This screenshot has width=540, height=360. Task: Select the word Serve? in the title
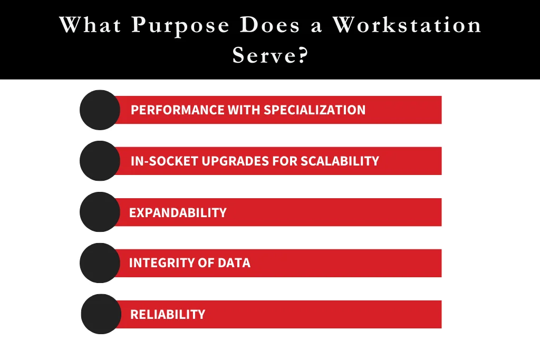(x=269, y=55)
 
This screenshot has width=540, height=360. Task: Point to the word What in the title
(x=91, y=25)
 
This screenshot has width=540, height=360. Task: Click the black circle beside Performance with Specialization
(x=100, y=110)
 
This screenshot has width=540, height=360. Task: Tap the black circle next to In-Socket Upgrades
(x=100, y=161)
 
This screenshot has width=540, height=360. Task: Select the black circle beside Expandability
(x=100, y=212)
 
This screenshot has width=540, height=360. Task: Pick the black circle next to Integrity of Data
(x=100, y=263)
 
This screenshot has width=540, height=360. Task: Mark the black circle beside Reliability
(x=101, y=314)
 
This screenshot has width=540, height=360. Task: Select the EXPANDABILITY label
(x=178, y=212)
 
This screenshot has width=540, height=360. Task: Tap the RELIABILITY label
(x=168, y=314)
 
